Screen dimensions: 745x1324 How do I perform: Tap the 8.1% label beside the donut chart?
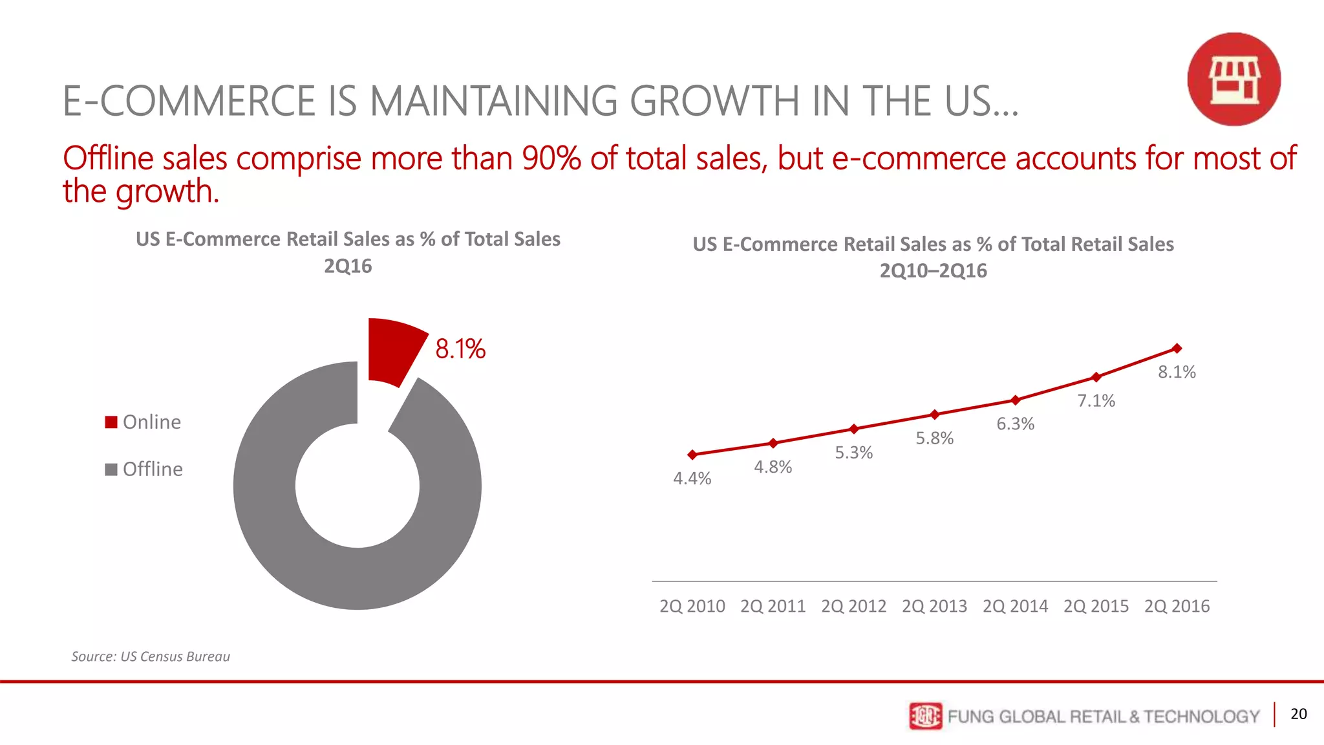[460, 349]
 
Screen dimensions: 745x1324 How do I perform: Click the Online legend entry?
[144, 422]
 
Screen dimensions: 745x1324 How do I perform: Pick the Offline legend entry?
[144, 469]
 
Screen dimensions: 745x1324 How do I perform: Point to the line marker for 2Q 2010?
[692, 455]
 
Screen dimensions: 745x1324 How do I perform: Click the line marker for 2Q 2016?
[1177, 349]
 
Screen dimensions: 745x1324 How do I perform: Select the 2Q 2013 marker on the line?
[934, 415]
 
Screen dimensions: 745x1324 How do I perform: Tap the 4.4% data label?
[692, 479]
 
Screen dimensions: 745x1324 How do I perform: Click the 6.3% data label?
[1015, 424]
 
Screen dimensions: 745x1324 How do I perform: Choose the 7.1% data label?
[1096, 401]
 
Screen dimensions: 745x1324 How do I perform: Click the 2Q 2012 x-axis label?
[853, 607]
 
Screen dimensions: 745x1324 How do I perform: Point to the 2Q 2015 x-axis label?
[1096, 607]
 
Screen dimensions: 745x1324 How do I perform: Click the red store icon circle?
[1233, 80]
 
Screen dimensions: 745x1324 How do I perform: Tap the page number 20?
[1298, 714]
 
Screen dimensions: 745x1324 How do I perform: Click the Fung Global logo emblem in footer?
[925, 716]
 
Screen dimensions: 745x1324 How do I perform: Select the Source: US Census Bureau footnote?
[151, 656]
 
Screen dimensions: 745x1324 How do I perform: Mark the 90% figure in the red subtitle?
[551, 158]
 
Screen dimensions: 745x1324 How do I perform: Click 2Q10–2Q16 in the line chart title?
[933, 270]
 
